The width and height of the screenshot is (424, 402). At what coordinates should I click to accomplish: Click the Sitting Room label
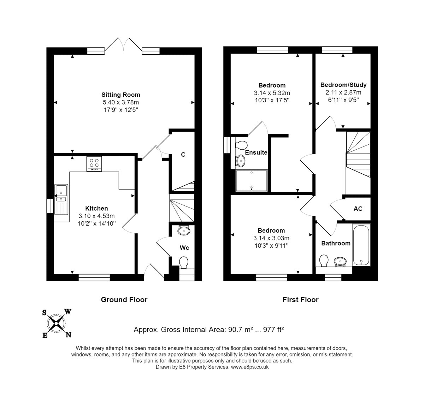pos(120,95)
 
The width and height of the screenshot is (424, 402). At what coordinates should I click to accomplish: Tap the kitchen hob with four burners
pos(94,164)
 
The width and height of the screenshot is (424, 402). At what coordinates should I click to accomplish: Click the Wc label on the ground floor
pos(184,248)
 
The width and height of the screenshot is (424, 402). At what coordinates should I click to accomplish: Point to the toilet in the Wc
pos(184,263)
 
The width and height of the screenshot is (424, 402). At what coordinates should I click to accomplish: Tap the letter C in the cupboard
pos(183,155)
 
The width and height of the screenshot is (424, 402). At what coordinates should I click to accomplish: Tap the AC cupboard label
pos(358,209)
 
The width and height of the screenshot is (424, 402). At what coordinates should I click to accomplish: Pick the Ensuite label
pos(256,153)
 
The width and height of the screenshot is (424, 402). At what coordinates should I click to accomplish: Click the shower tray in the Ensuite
pos(251,180)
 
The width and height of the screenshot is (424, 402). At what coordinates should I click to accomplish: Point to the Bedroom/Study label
pos(343,85)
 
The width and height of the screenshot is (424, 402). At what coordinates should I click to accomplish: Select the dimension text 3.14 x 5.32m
pos(272,93)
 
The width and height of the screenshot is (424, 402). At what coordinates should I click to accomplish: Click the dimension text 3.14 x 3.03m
pos(271,238)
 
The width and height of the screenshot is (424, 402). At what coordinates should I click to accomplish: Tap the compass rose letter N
pos(68,335)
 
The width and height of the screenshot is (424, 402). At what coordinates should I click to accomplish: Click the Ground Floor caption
pos(124,300)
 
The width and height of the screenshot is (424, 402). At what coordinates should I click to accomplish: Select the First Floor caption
pos(300,300)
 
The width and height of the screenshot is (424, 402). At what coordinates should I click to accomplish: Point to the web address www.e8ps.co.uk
pos(250,367)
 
